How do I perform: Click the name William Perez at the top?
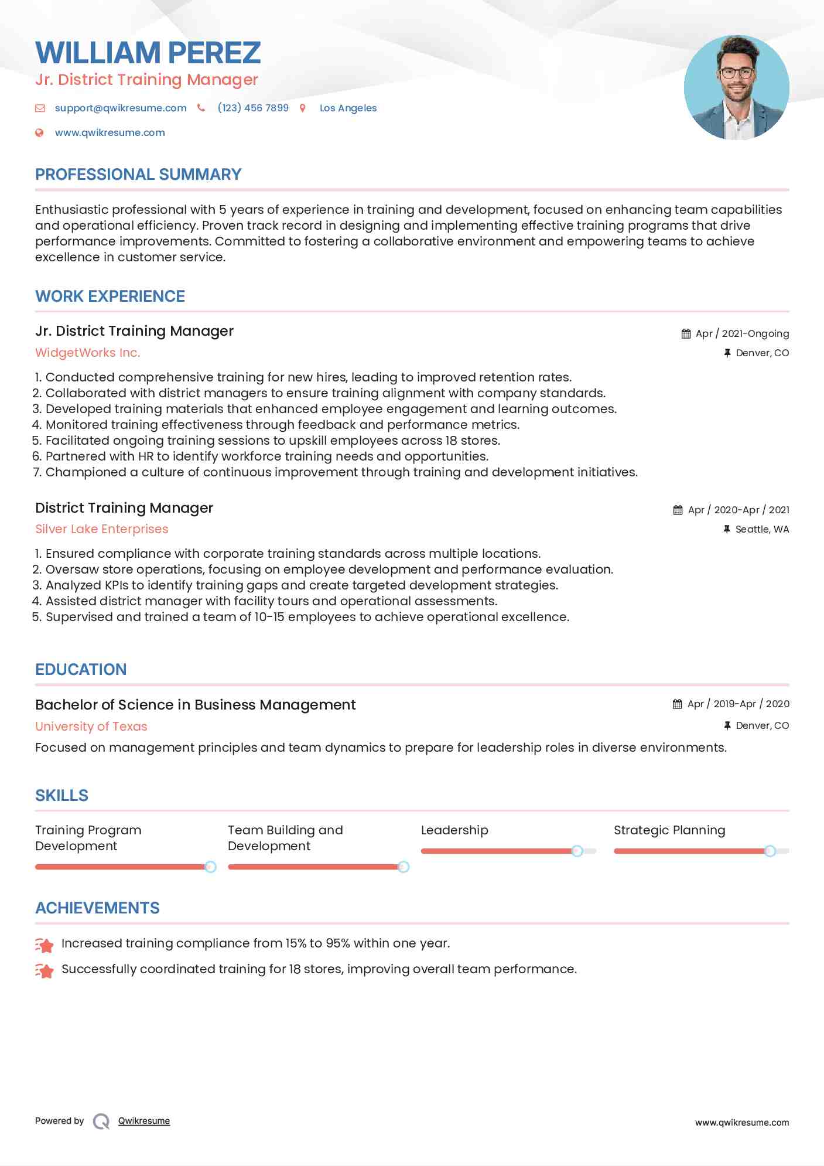pyautogui.click(x=148, y=53)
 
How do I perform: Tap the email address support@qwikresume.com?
pyautogui.click(x=121, y=108)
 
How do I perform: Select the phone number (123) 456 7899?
pyautogui.click(x=252, y=108)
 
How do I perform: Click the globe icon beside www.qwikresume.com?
pyautogui.click(x=39, y=133)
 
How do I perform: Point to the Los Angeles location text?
pyautogui.click(x=348, y=108)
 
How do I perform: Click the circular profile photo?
pyautogui.click(x=736, y=88)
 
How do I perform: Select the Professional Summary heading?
pyautogui.click(x=138, y=175)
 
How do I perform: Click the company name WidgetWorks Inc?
pyautogui.click(x=88, y=353)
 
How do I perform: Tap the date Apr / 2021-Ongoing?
pyautogui.click(x=742, y=333)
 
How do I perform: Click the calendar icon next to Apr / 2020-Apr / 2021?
pyautogui.click(x=678, y=510)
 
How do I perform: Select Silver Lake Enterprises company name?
pyautogui.click(x=101, y=529)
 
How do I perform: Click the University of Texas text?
pyautogui.click(x=91, y=727)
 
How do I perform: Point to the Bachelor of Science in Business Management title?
pyautogui.click(x=195, y=705)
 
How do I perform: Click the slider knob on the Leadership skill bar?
pyautogui.click(x=577, y=851)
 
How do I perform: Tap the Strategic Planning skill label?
pyautogui.click(x=669, y=830)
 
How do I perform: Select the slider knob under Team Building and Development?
pyautogui.click(x=403, y=867)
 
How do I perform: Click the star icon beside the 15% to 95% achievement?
pyautogui.click(x=45, y=945)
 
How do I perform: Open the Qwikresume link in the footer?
pyautogui.click(x=143, y=1121)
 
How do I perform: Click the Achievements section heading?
pyautogui.click(x=97, y=908)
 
